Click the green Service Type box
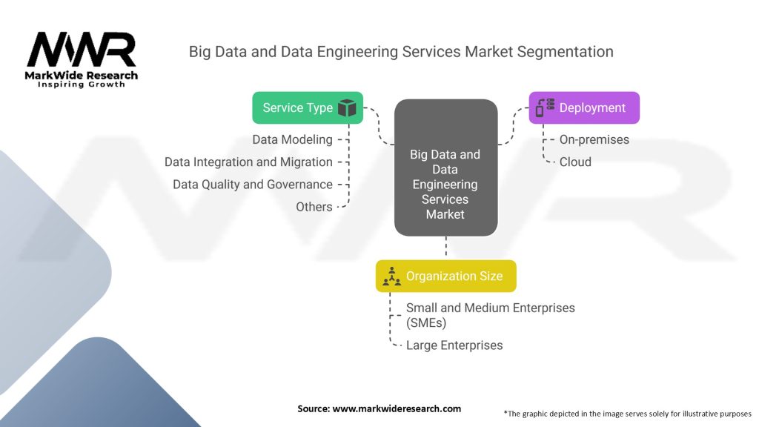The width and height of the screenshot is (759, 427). pos(308,107)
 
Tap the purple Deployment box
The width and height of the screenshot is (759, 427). pos(584,107)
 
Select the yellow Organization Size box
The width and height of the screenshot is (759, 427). pos(445,276)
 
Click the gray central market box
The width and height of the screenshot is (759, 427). pos(445,168)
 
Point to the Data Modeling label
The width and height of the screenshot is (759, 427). pos(292,139)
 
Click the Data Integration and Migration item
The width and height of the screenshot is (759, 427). pos(248,162)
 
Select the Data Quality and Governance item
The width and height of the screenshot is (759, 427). pos(253,185)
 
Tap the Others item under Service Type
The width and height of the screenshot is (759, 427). pos(314,207)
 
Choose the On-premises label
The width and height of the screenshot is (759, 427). pos(594,139)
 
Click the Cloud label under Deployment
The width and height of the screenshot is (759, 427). pos(575,162)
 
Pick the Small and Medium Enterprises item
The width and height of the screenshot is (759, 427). pos(491,315)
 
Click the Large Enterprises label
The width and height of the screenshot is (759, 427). pos(454,345)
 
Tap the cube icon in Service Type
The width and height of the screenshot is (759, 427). pos(347,107)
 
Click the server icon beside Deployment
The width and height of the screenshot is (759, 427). pos(545,107)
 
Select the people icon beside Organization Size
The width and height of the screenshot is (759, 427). pos(391,276)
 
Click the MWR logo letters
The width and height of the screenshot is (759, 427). pos(82,50)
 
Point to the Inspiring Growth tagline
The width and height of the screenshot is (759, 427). pos(82,85)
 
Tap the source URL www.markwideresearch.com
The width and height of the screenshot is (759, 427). pos(397,408)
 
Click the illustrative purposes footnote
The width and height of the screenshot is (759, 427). pos(627,414)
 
